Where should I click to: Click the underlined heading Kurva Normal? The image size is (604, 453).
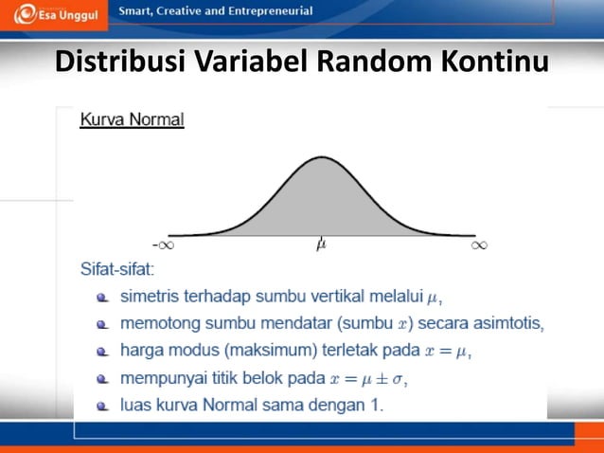pos(132,120)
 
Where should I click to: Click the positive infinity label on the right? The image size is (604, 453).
pos(479,245)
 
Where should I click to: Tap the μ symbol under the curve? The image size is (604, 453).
pos(322,245)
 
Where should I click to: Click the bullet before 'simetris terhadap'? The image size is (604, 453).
pos(102,298)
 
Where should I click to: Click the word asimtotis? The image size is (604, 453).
pos(507,324)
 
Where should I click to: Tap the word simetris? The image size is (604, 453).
pos(150,297)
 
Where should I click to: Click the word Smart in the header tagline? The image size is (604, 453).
pos(135,11)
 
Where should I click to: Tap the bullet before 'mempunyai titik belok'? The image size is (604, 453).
pos(102,380)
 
